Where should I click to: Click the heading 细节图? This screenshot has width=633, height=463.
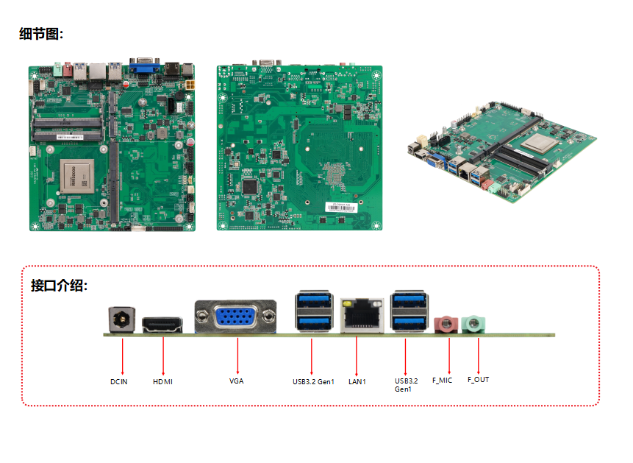tap(41, 34)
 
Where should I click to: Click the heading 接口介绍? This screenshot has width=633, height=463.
tap(59, 286)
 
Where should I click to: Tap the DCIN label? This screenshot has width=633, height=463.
tap(119, 381)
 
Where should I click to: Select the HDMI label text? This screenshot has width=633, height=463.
tap(162, 381)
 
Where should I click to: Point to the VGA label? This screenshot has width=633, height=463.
tap(236, 381)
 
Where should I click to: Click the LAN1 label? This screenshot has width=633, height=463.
tap(357, 381)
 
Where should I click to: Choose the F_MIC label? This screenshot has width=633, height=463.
tap(442, 380)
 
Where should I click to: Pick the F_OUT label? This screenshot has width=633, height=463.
tap(478, 380)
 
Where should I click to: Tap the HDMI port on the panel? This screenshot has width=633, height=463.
tap(162, 325)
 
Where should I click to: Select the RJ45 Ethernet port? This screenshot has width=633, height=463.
tap(362, 316)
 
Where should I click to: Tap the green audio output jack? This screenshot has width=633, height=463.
tap(476, 323)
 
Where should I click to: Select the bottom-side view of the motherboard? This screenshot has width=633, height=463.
tap(299, 147)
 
